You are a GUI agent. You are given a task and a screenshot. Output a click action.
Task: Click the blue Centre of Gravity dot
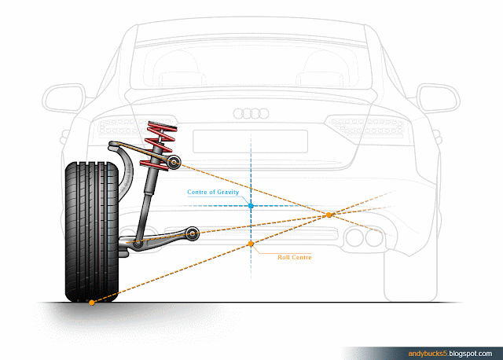(x=251, y=206)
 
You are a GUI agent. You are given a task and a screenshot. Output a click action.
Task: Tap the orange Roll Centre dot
(x=251, y=244)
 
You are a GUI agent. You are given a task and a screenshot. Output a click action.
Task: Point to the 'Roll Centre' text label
(x=295, y=256)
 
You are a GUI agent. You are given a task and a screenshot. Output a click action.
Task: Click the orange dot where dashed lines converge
(x=330, y=214)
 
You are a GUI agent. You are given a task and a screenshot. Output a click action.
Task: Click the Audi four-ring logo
(x=251, y=114)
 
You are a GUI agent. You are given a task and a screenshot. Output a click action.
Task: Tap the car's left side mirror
(x=61, y=97)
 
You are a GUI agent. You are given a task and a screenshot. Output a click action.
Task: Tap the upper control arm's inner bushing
(x=174, y=162)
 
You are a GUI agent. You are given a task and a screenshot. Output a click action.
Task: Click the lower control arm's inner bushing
(x=193, y=233)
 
